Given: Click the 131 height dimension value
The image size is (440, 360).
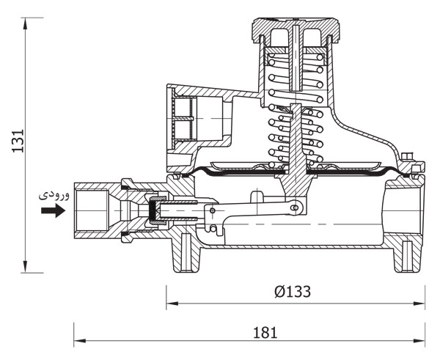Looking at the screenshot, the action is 18,141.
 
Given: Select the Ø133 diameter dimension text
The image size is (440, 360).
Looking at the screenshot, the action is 293,292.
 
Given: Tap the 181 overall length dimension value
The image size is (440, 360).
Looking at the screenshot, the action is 265,333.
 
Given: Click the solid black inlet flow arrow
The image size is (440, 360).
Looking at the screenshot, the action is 53,210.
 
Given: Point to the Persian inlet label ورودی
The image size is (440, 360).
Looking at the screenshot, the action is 54,195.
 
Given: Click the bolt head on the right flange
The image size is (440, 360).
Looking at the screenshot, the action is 406,157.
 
